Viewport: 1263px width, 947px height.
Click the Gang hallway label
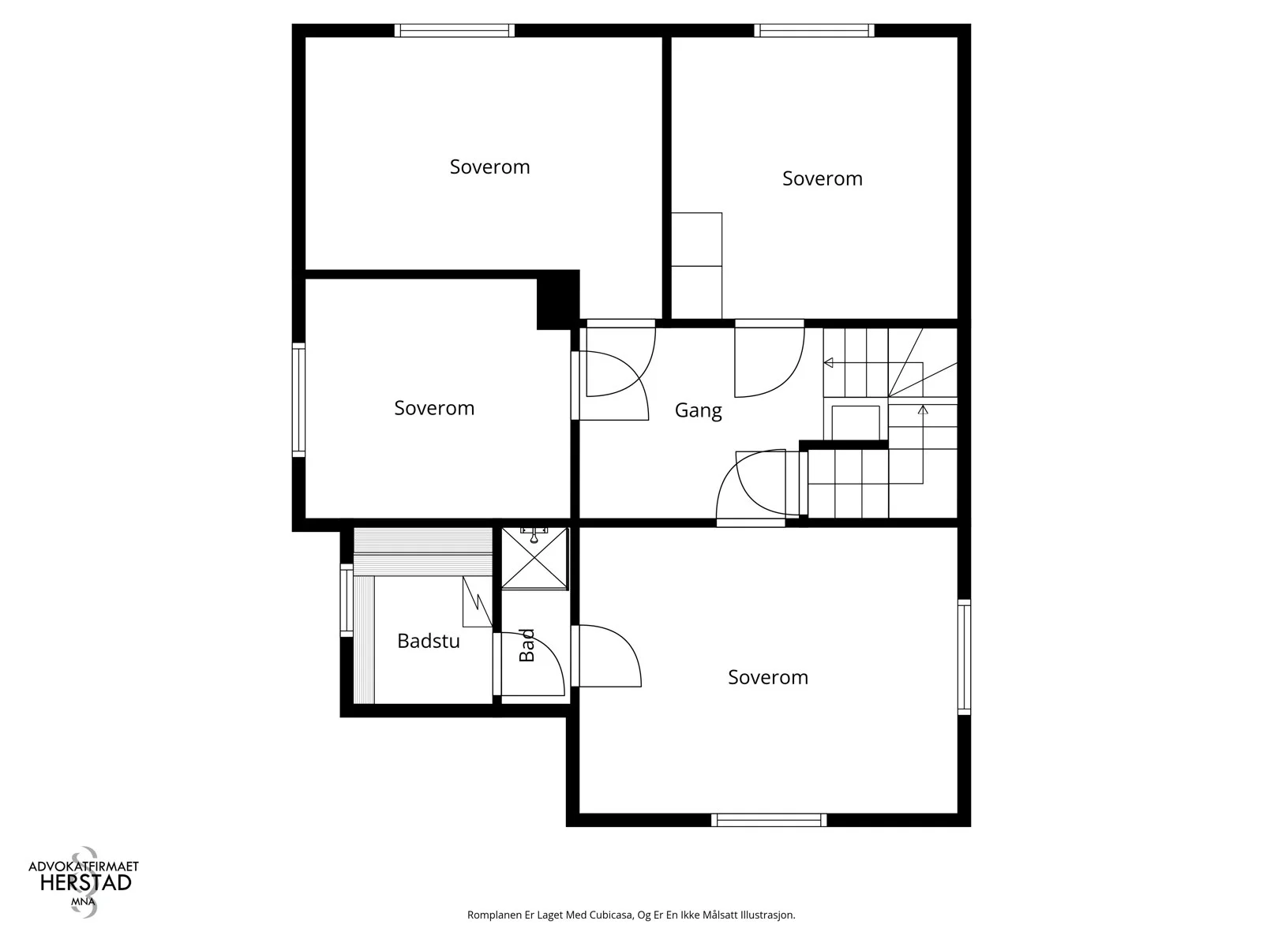pyautogui.click(x=698, y=410)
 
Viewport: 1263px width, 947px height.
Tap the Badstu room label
pyautogui.click(x=428, y=641)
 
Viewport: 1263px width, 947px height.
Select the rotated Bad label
pyautogui.click(x=527, y=645)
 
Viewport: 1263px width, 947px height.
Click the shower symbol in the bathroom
pyautogui.click(x=534, y=558)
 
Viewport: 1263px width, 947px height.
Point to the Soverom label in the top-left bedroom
pyautogui.click(x=489, y=167)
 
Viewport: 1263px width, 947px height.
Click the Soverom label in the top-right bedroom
pyautogui.click(x=823, y=178)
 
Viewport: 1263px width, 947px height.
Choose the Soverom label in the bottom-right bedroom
pyautogui.click(x=768, y=677)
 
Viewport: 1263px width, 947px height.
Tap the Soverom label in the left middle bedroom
pyautogui.click(x=434, y=408)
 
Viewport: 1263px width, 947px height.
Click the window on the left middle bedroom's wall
pyautogui.click(x=298, y=400)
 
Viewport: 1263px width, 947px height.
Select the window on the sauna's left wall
pyautogui.click(x=347, y=601)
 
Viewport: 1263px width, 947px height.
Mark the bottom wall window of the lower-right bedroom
pyautogui.click(x=769, y=820)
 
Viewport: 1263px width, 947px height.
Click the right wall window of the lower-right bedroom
pyautogui.click(x=965, y=657)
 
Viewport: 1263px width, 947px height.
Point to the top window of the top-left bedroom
pyautogui.click(x=455, y=31)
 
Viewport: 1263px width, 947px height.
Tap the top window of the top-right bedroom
pyautogui.click(x=814, y=31)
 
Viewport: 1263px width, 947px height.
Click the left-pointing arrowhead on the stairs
pyautogui.click(x=829, y=363)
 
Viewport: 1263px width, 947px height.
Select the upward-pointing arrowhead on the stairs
pyautogui.click(x=923, y=410)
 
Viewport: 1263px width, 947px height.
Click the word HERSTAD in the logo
pyautogui.click(x=86, y=882)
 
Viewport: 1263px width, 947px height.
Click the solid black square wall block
pyautogui.click(x=558, y=300)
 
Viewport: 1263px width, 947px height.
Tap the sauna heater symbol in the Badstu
pyautogui.click(x=477, y=601)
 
